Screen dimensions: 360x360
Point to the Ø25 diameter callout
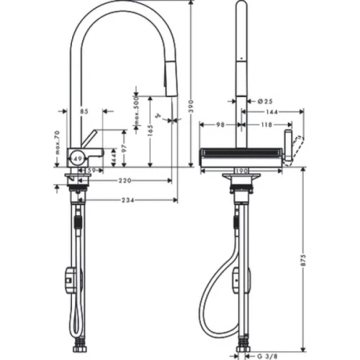(264, 102)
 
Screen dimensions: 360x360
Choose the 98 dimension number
(221, 125)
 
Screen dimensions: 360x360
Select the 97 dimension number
(124, 147)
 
